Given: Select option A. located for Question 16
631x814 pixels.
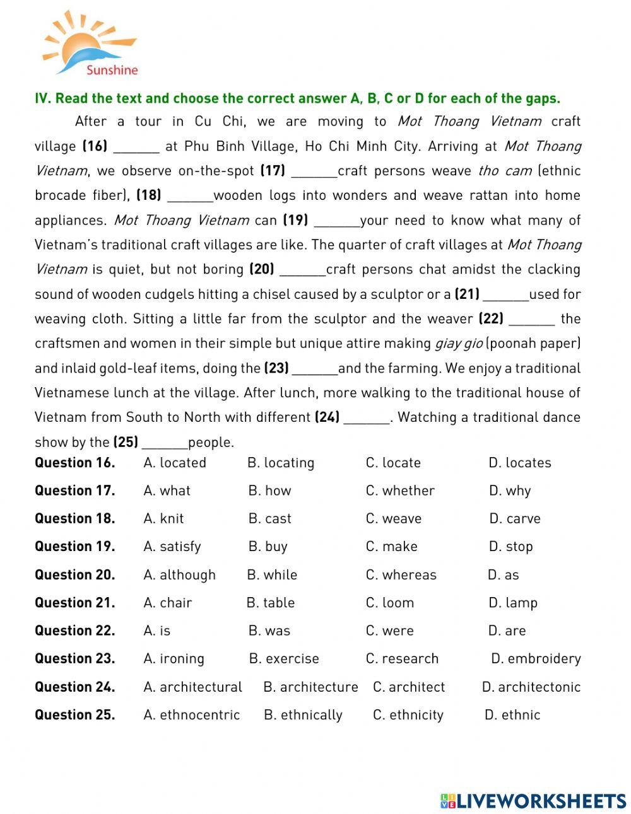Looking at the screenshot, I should tap(175, 463).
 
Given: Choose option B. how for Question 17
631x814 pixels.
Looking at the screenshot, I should tap(269, 491).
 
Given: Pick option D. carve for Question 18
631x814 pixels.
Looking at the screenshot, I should tap(514, 519).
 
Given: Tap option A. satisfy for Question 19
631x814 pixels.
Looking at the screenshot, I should tap(172, 547).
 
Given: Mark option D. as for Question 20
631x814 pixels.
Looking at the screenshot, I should tap(503, 575).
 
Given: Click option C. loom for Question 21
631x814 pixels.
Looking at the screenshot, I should tap(390, 603).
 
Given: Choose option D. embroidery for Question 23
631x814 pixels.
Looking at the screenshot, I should tap(536, 659).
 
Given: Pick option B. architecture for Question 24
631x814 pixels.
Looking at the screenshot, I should tap(310, 687).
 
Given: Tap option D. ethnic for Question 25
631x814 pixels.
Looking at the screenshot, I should tap(512, 715).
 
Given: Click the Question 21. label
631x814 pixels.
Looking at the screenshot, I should tap(74, 603).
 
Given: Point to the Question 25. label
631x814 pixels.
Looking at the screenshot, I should tap(74, 715).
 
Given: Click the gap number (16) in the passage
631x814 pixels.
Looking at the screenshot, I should tap(95, 146).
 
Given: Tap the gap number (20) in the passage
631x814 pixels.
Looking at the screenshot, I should tap(262, 269).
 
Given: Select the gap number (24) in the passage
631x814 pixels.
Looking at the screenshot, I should tap(327, 417).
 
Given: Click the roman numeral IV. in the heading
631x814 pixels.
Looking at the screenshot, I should tap(42, 98).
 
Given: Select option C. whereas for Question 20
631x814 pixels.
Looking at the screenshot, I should tap(401, 575).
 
